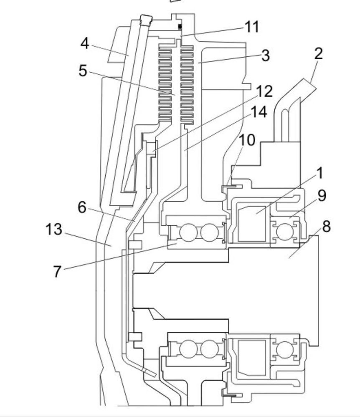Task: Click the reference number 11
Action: point(251,27)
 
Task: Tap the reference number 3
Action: point(265,56)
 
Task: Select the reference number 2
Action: point(318,54)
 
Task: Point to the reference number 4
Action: point(85,43)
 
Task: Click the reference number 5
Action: point(83,71)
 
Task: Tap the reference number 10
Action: point(247,140)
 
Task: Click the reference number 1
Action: point(320,173)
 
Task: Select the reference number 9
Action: point(322,195)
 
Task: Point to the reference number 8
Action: point(326,226)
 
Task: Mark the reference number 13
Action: point(54,229)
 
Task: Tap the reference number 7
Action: point(57,272)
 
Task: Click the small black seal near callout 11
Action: point(180,27)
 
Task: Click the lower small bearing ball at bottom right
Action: point(284,348)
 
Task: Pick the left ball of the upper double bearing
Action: point(188,232)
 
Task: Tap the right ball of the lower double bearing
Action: point(209,348)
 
